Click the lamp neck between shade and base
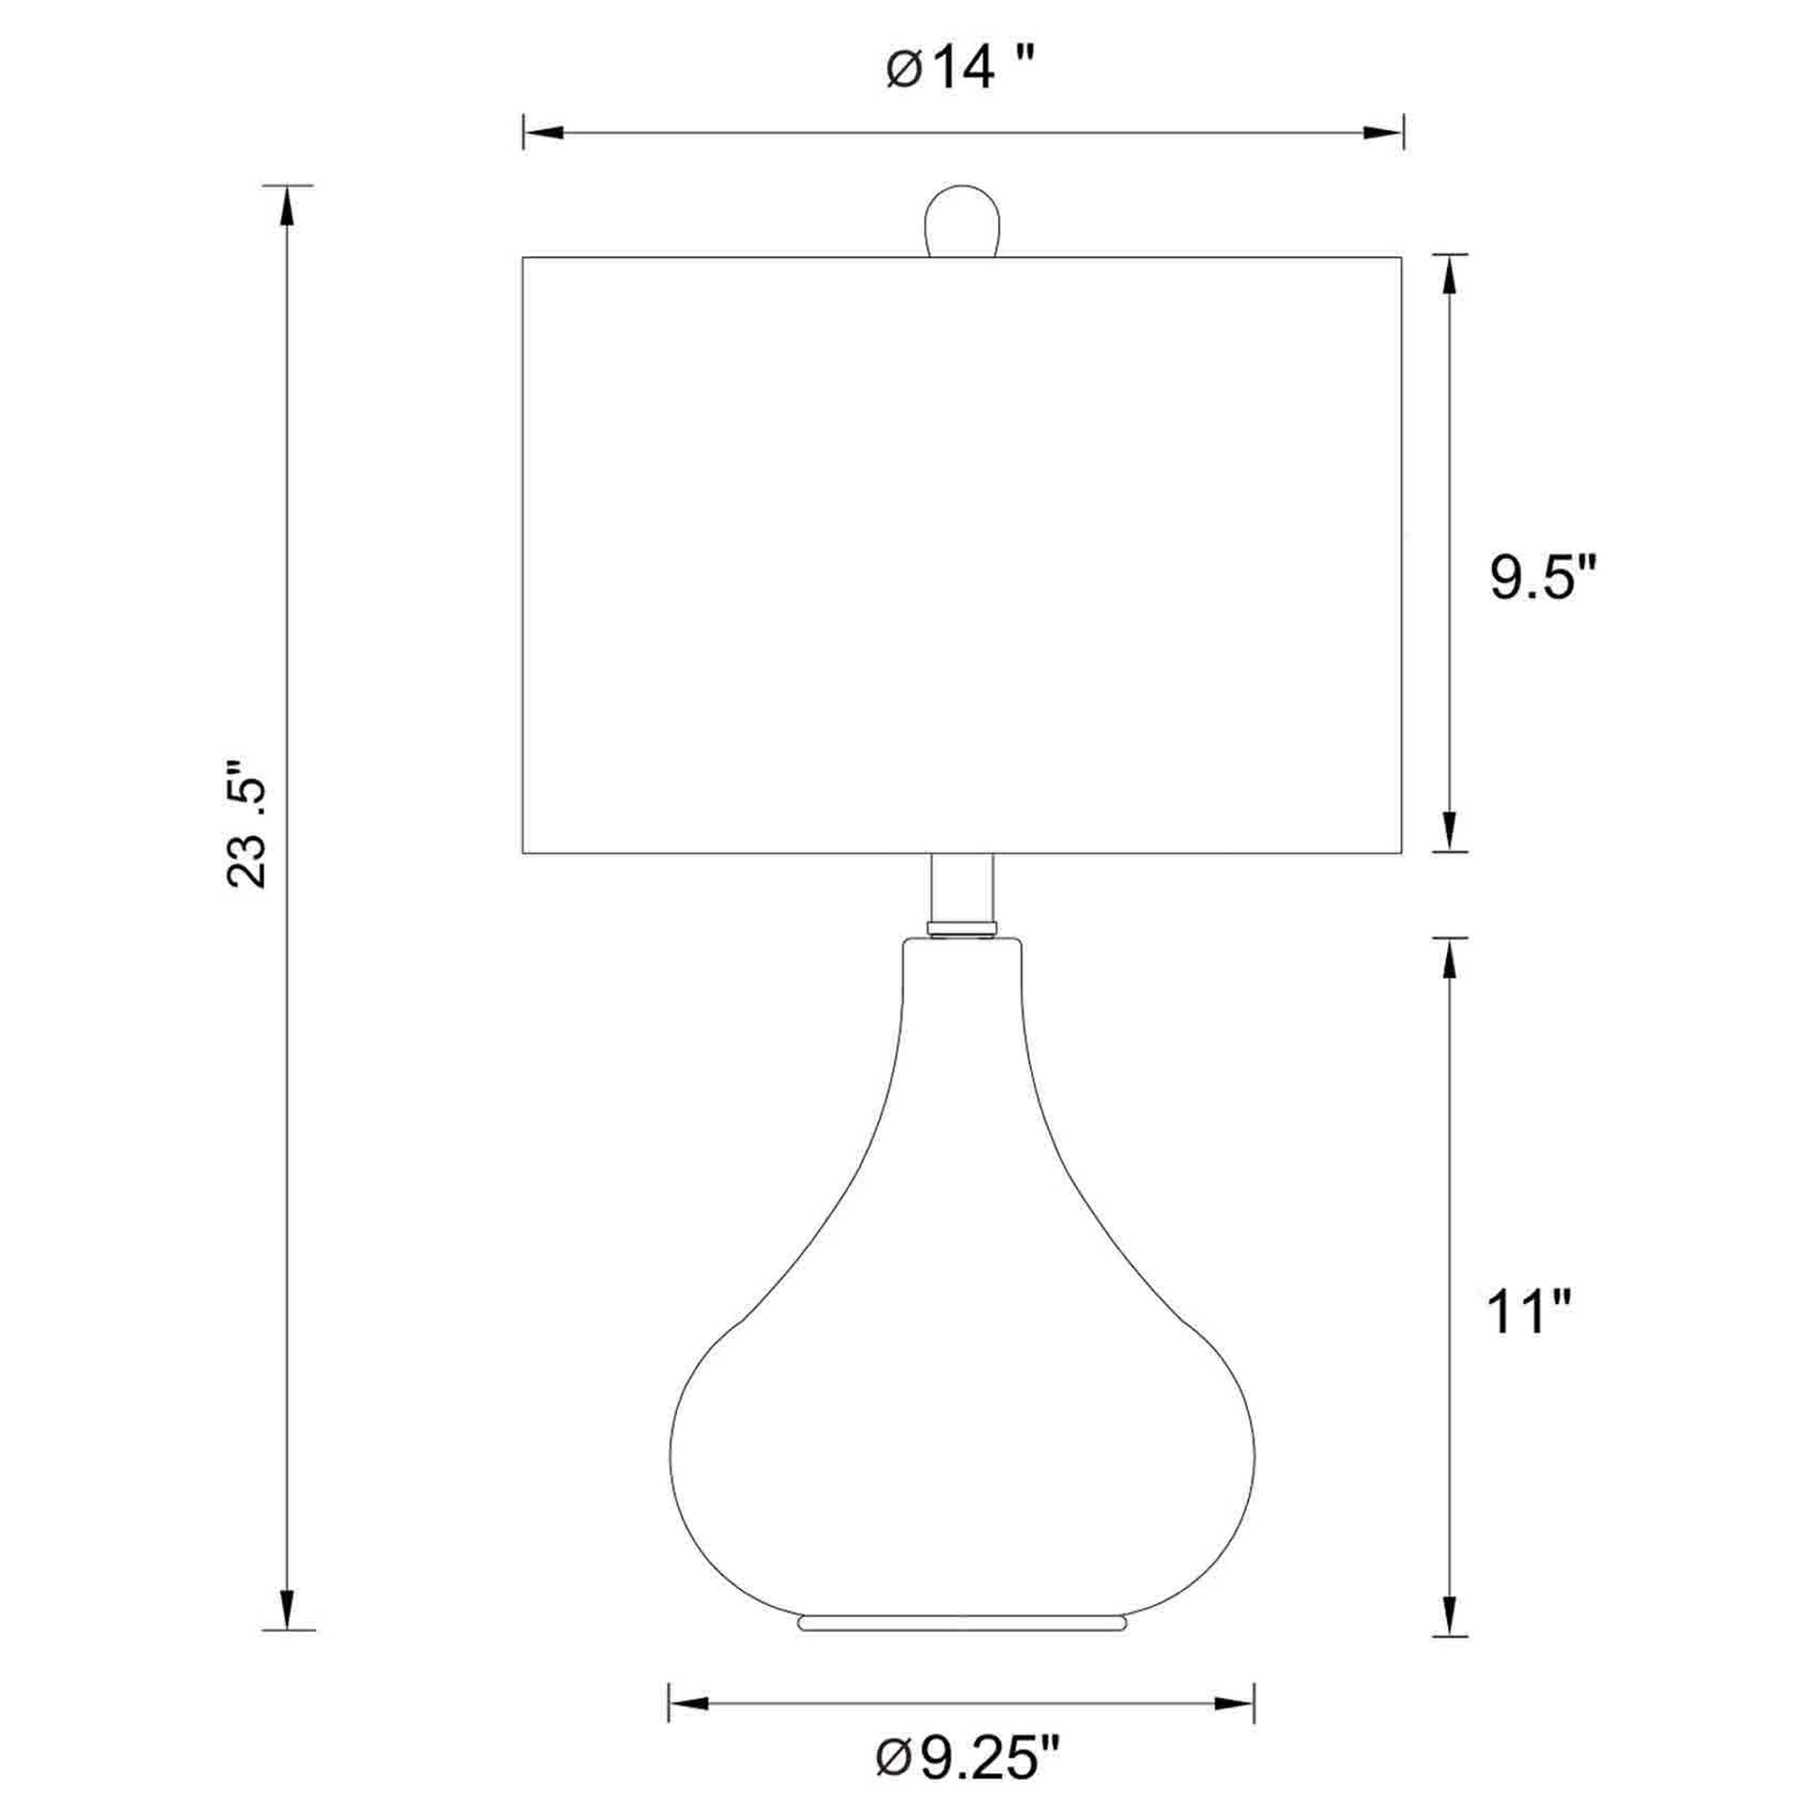961,895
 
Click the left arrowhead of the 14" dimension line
542,133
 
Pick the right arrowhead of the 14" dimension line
1384,133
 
